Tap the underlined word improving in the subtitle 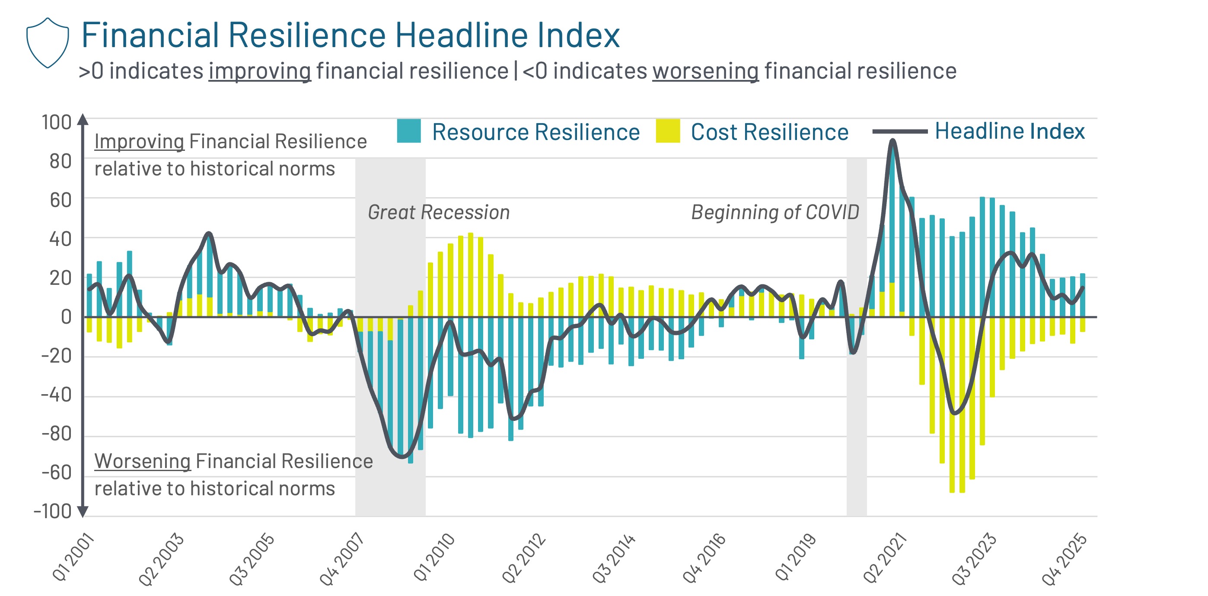coord(259,71)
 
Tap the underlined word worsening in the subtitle coord(705,71)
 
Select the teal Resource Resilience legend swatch coord(408,131)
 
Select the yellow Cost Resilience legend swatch coord(667,131)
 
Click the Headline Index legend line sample coord(899,132)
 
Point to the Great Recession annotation coord(438,212)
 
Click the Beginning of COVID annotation coord(775,212)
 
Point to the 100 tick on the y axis coord(56,122)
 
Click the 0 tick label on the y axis coord(66,318)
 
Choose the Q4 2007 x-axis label coord(341,559)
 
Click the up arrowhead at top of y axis coord(83,119)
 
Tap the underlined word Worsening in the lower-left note coord(142,462)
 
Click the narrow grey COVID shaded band coord(856,422)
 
